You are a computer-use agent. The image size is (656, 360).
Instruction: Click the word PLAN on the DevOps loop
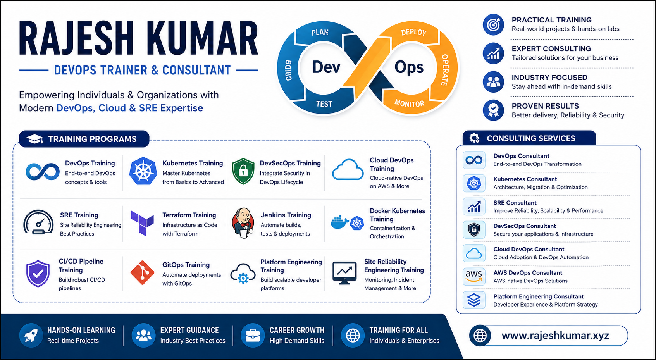tap(320, 32)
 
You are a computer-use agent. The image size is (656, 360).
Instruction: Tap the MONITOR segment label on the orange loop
tap(409, 103)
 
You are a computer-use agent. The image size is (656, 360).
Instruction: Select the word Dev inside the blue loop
tap(326, 67)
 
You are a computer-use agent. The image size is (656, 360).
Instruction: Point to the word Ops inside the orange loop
tap(409, 68)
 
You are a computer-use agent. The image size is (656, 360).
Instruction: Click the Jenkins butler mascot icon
tap(243, 223)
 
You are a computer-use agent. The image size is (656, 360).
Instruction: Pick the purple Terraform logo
tap(142, 223)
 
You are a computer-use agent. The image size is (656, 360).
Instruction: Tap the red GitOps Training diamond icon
tap(142, 273)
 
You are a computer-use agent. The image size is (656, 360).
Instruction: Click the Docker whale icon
tap(340, 222)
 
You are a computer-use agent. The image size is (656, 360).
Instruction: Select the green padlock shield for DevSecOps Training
tap(243, 171)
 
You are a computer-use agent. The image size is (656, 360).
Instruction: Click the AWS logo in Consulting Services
tap(474, 276)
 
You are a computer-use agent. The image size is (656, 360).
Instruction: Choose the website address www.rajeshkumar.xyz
tap(555, 336)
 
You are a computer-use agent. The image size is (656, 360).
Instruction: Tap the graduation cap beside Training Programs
tap(34, 139)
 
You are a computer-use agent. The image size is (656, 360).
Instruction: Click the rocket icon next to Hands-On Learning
tap(31, 336)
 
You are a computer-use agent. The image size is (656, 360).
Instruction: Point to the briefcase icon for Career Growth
tap(253, 336)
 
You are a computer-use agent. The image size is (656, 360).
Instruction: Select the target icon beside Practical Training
tap(494, 24)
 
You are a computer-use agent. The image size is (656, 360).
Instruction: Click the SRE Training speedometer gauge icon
tap(38, 222)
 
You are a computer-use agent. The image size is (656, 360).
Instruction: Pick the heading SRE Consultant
tap(515, 203)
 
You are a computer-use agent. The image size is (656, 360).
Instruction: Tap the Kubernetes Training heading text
tap(193, 163)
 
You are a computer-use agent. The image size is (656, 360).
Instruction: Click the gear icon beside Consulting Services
tap(474, 138)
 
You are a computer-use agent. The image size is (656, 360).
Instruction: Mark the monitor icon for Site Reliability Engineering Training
tap(344, 273)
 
